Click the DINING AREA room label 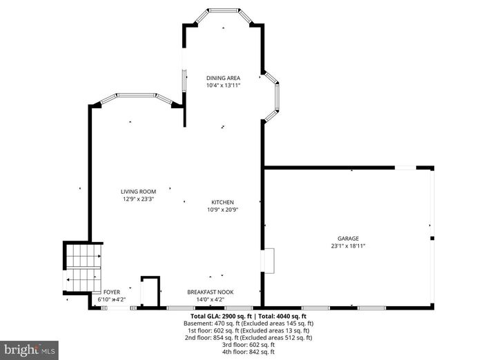[222, 78]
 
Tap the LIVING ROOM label [138, 191]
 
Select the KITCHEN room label [223, 202]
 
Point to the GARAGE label [348, 239]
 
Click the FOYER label [111, 292]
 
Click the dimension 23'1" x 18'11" [348, 246]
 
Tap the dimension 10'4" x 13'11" [222, 86]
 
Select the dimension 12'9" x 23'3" [138, 199]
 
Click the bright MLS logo [29, 350]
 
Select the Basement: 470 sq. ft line [248, 323]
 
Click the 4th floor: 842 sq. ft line [248, 352]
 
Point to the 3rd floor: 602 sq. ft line [248, 345]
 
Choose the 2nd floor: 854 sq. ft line [248, 337]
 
